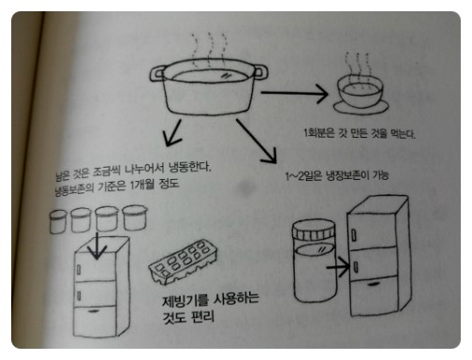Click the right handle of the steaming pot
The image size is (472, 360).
(260, 72)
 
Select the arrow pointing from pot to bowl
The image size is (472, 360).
(295, 93)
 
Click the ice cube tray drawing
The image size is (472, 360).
(183, 262)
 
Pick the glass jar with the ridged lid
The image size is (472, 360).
(315, 261)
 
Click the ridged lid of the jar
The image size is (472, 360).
(314, 231)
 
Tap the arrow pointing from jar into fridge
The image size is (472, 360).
(338, 267)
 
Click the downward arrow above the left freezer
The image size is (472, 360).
(96, 246)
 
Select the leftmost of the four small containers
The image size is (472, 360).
(58, 221)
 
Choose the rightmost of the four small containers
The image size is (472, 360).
(135, 217)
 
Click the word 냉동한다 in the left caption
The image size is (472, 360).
(190, 168)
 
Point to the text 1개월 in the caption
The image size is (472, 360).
(142, 185)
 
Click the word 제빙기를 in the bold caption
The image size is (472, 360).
(185, 301)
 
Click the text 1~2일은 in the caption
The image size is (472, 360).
(303, 176)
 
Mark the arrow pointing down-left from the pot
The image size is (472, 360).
(172, 132)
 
